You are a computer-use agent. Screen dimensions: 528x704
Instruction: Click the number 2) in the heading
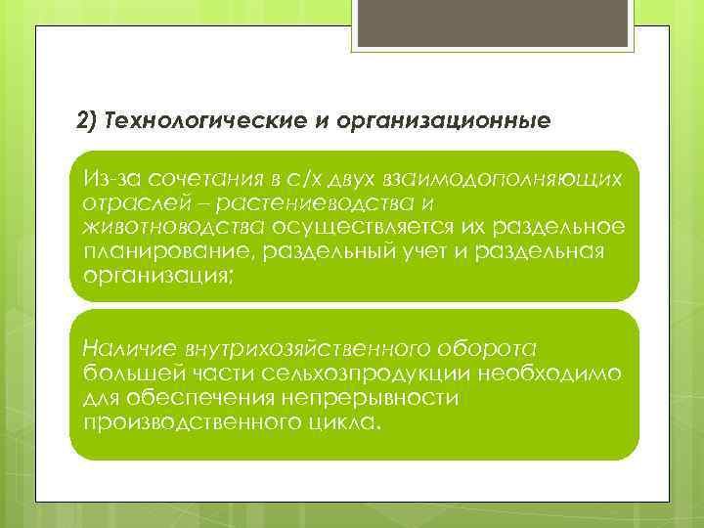pyautogui.click(x=88, y=121)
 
